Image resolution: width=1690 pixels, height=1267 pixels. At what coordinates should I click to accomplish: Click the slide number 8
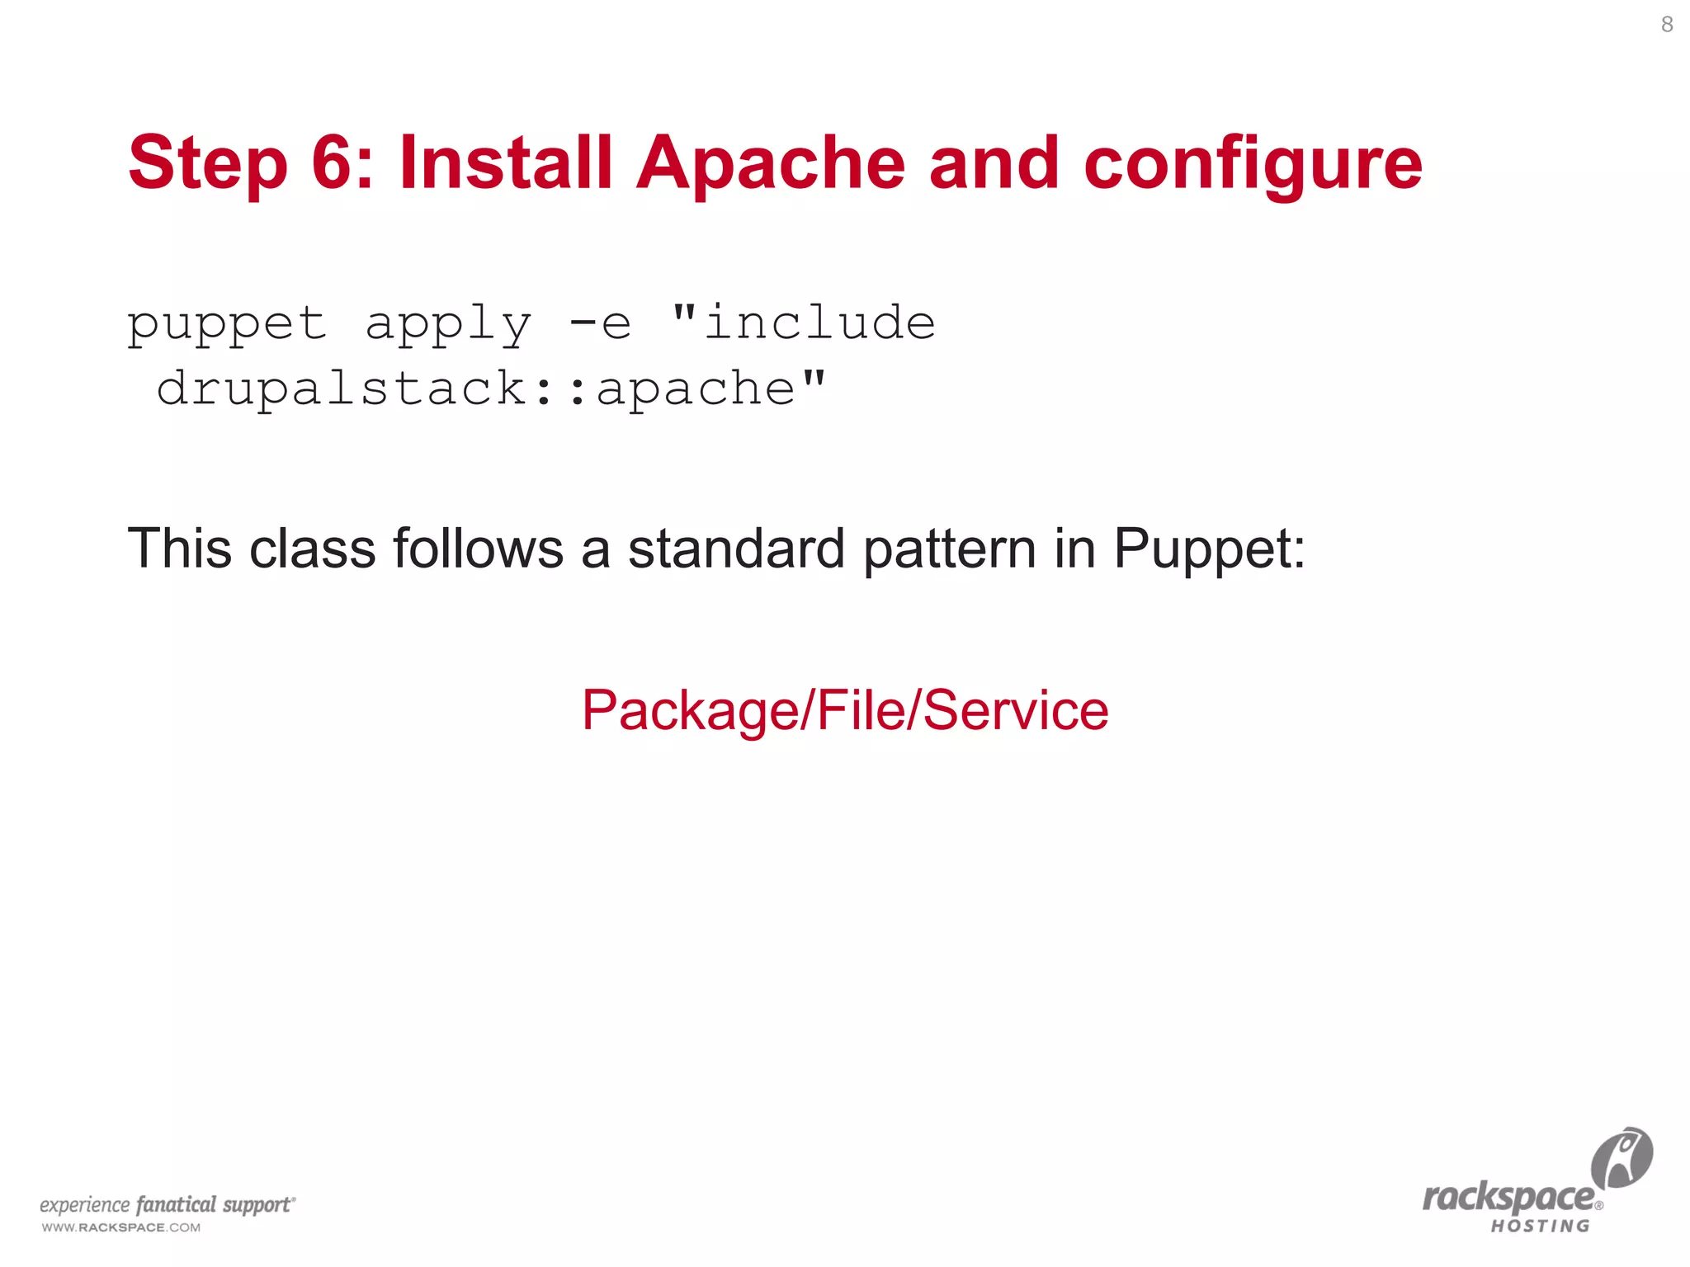[1667, 25]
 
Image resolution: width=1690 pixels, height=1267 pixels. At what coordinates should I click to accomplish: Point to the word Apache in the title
[771, 163]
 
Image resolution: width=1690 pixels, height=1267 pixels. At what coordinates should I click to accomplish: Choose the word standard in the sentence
[736, 549]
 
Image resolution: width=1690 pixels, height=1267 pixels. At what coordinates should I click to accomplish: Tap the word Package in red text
[691, 711]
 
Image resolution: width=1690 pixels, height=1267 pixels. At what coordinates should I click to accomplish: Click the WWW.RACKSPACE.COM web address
[121, 1227]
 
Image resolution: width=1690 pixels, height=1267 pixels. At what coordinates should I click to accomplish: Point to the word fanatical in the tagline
[176, 1205]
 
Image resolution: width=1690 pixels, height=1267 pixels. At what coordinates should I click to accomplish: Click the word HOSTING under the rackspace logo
[1540, 1226]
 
